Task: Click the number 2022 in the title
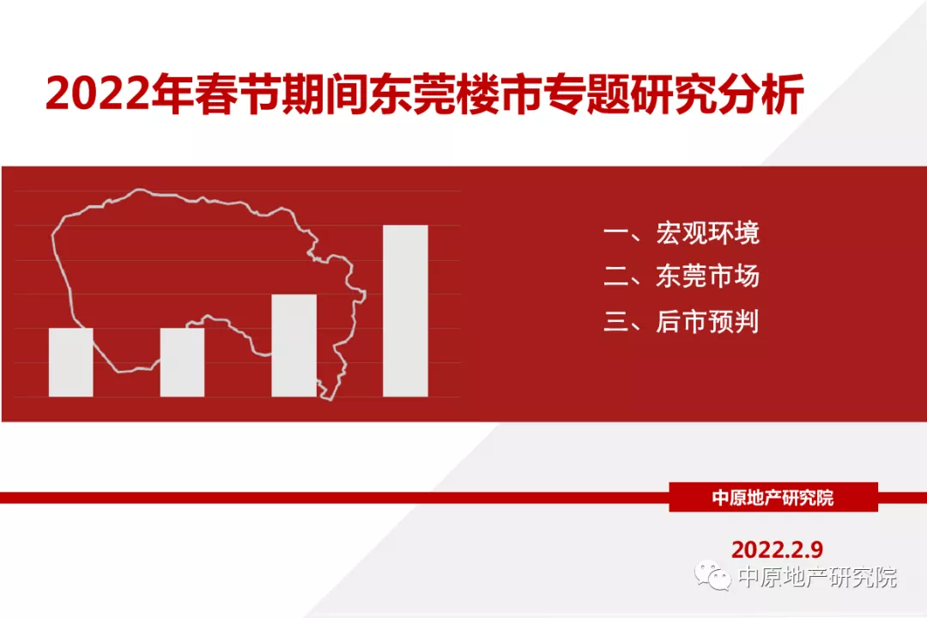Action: click(x=98, y=94)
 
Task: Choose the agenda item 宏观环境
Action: click(x=707, y=233)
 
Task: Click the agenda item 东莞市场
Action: click(x=707, y=276)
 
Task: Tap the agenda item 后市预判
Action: click(x=707, y=322)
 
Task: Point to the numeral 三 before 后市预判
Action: click(x=616, y=323)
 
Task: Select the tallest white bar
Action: click(x=405, y=311)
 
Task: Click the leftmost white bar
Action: click(x=71, y=362)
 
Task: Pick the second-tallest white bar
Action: click(x=294, y=345)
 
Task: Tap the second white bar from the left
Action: click(x=182, y=362)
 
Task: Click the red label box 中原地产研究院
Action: click(x=773, y=497)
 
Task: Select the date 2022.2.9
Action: click(x=777, y=549)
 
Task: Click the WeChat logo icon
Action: click(x=712, y=575)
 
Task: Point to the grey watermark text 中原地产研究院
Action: click(x=818, y=577)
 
